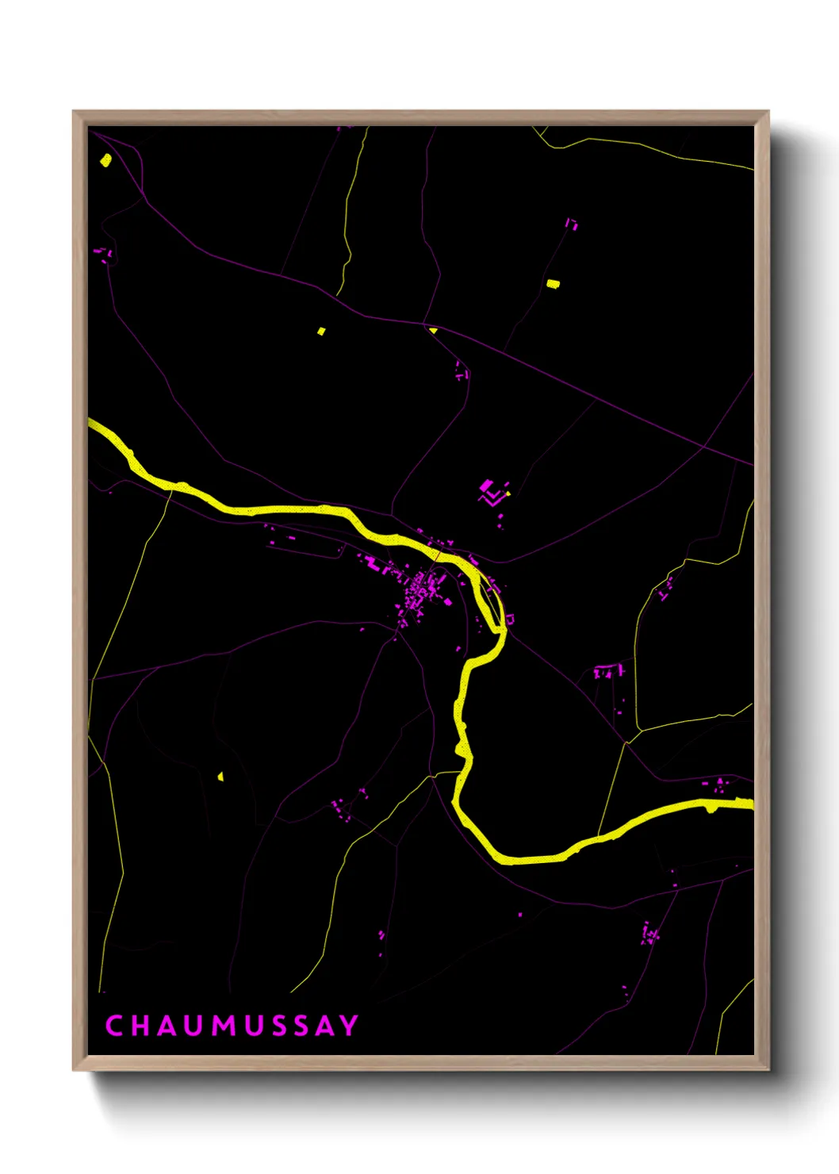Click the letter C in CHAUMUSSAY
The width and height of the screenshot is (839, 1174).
coord(114,1026)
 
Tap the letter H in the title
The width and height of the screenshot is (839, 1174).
coord(142,1026)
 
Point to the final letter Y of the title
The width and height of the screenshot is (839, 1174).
coord(349,1026)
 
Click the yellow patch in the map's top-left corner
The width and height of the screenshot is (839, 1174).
coord(106,160)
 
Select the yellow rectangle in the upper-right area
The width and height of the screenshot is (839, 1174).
coord(553,283)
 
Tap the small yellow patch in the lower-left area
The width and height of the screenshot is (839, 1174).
coord(220,776)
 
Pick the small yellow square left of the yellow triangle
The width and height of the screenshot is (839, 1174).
coord(321,331)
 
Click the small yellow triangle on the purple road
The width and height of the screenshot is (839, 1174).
coord(433,329)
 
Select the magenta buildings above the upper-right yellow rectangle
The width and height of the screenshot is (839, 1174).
coord(571,224)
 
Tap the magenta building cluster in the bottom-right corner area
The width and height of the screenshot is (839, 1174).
coord(650,934)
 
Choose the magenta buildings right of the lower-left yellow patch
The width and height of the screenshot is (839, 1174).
coord(341,809)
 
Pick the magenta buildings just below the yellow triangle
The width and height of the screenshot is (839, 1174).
coord(460,370)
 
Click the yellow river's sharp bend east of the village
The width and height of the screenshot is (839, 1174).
coord(500,627)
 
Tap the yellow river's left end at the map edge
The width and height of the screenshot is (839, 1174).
coord(92,424)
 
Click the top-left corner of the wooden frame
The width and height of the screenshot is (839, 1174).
coord(75,113)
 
